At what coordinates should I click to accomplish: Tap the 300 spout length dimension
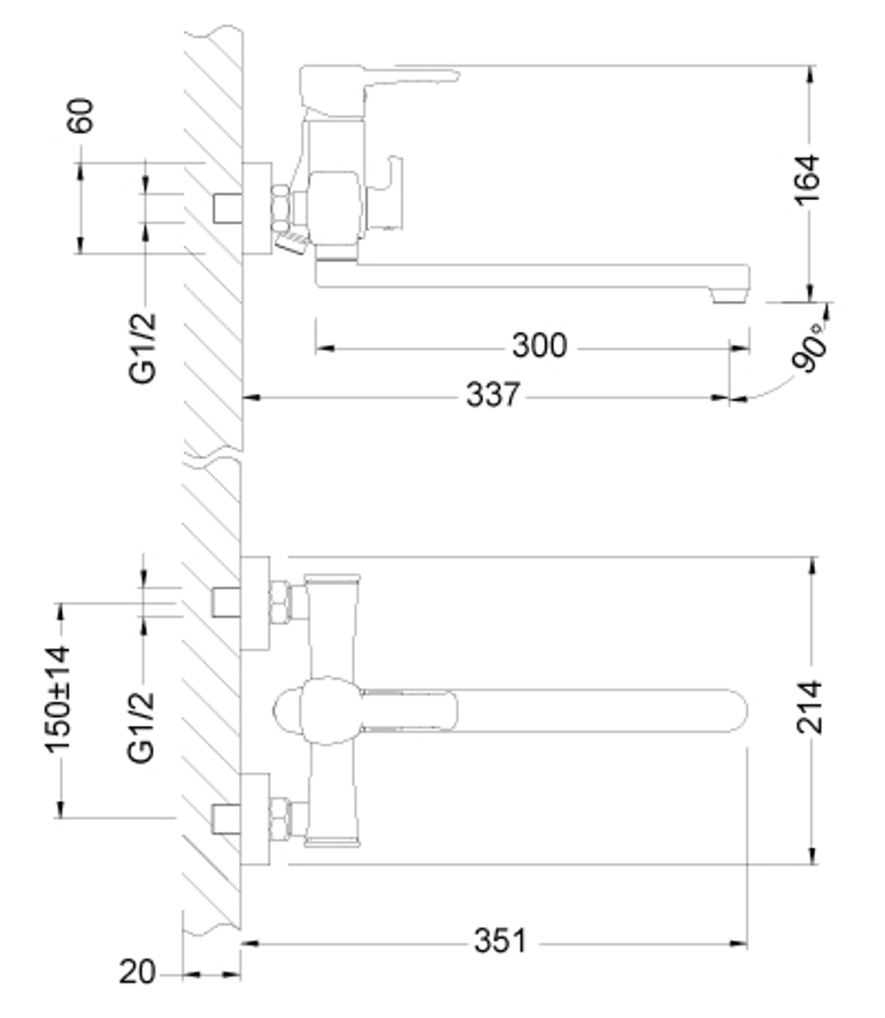tap(539, 345)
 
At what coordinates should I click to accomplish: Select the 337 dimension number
tap(493, 395)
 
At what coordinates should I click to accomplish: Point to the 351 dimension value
tap(500, 941)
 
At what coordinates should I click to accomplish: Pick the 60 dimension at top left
tap(81, 116)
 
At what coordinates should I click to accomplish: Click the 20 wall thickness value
tap(137, 973)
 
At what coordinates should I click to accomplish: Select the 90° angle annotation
tap(812, 349)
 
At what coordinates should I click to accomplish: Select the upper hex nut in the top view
tap(280, 602)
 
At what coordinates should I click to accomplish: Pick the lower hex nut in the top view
tap(280, 819)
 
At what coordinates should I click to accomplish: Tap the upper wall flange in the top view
tap(255, 603)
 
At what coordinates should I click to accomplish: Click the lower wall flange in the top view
tap(255, 818)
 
